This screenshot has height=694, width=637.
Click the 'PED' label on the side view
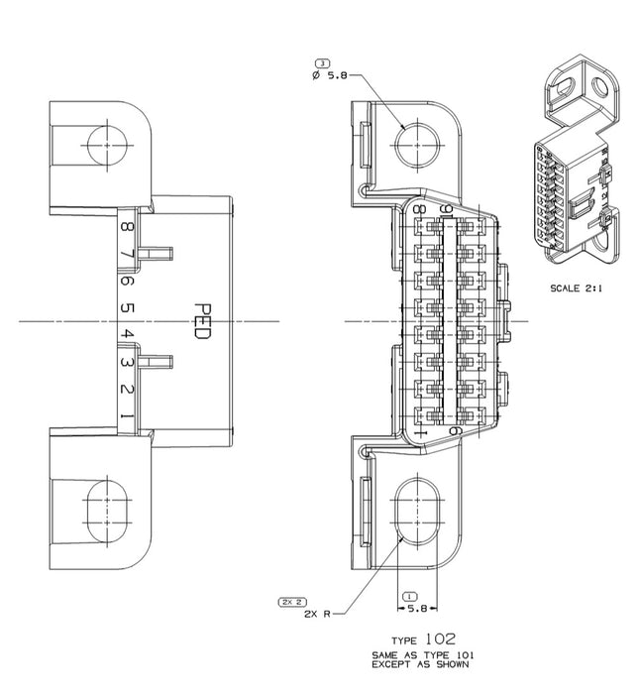[x=202, y=321]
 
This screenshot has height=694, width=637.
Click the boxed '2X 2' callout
[x=292, y=602]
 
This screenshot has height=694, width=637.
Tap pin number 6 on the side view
[x=127, y=281]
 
